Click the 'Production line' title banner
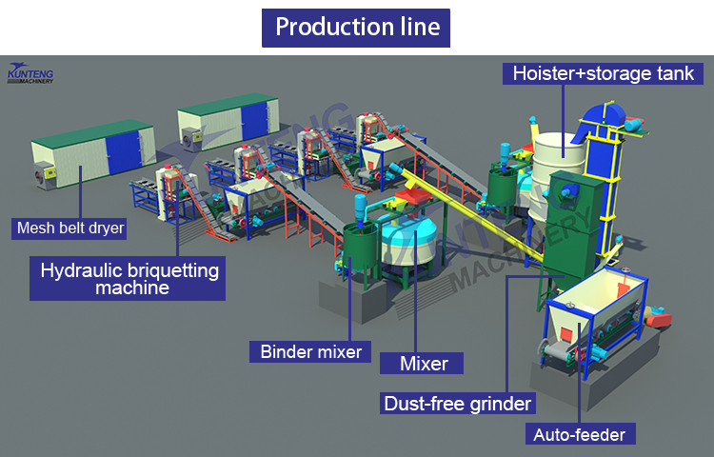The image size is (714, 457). coord(357,27)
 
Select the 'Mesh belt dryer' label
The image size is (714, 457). coord(70,228)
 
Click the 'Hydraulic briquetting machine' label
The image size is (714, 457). coord(129,277)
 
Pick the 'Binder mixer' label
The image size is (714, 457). coord(311,351)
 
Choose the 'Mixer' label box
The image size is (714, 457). coord(417,363)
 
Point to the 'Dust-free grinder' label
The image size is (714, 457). coord(456,403)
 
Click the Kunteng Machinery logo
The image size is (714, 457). coord(30,73)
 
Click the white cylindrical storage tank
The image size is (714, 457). coord(559,152)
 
